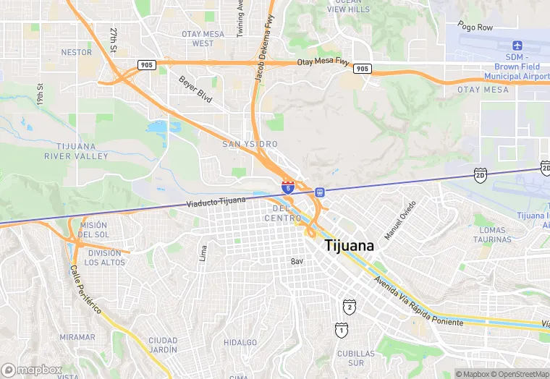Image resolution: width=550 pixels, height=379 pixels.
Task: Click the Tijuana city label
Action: tap(350, 245)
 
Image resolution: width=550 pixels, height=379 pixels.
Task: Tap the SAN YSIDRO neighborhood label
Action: tap(249, 144)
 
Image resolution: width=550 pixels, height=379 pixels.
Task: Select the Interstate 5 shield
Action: tap(288, 188)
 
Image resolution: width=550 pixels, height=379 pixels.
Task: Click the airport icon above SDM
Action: tap(516, 46)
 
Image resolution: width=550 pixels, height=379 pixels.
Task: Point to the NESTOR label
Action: tap(77, 52)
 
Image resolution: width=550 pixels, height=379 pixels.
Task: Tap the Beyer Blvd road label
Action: tap(195, 89)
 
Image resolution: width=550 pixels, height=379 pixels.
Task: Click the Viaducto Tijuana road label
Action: tap(216, 201)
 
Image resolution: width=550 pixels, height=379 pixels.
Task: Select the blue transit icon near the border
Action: tap(320, 192)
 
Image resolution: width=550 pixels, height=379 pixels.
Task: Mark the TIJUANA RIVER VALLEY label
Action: tap(76, 151)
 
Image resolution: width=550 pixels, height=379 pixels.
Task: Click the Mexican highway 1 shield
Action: tap(340, 330)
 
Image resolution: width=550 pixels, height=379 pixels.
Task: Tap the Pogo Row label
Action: tap(475, 27)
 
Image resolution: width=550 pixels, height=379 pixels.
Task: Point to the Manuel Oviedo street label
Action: tap(400, 221)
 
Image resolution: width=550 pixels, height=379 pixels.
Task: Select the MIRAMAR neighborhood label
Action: tap(77, 337)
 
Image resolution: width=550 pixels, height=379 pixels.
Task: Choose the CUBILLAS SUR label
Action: tap(356, 358)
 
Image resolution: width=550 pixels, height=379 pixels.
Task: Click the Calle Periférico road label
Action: tap(85, 289)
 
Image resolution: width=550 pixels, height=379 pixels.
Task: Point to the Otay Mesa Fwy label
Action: tap(322, 63)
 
